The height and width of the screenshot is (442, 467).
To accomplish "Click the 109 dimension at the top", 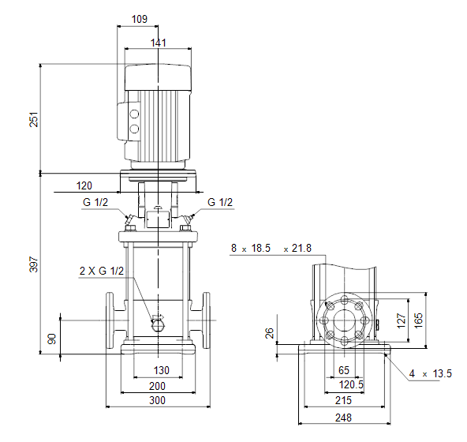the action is tap(140, 19).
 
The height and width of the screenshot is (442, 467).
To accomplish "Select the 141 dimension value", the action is tap(158, 43).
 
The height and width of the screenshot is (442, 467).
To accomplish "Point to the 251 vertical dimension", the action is tap(34, 119).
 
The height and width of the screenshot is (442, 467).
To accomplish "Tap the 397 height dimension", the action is tap(34, 264).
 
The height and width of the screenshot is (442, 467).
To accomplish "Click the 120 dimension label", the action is tap(84, 186).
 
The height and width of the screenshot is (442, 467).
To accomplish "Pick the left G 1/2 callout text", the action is tap(95, 202).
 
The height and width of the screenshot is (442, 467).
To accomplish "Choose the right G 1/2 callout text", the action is tap(220, 202).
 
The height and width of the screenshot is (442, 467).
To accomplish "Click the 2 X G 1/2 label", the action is tap(102, 271).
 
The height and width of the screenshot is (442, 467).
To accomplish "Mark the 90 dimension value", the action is tap(52, 339).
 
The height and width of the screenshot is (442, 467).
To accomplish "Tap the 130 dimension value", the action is tap(162, 370).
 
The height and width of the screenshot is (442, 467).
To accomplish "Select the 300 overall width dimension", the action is tap(157, 400).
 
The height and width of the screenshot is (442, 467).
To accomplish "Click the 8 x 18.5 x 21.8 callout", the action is tap(271, 248).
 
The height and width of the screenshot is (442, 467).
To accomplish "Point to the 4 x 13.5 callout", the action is tap(431, 374).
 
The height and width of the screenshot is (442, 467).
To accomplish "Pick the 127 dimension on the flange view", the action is tap(402, 320).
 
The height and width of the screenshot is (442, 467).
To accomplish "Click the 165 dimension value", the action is tap(418, 320).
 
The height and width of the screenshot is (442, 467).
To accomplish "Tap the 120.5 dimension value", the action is tap(351, 384).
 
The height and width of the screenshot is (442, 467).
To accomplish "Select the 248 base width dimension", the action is tap(343, 418).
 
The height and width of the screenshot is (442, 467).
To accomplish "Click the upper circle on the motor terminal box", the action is tap(134, 114).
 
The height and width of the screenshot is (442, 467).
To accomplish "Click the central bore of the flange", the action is tap(344, 320).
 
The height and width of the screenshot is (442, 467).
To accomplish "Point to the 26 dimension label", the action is tap(269, 333).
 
